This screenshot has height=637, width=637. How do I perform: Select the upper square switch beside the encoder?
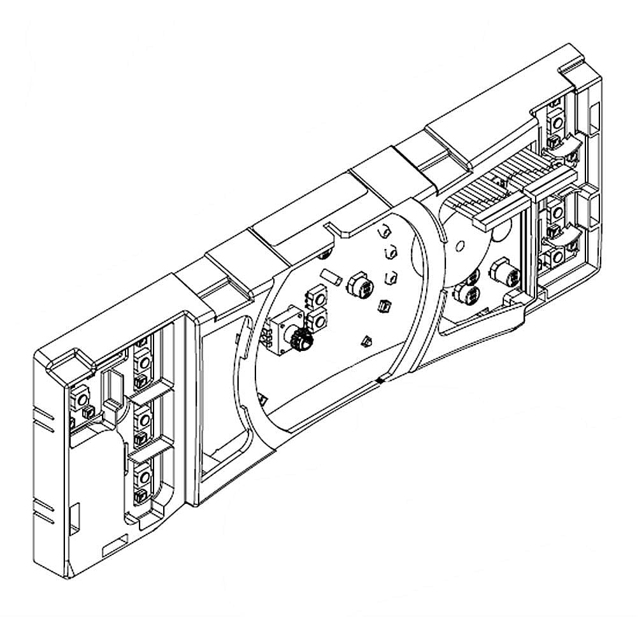point(316,297)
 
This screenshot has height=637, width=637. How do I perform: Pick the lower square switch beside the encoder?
point(317,318)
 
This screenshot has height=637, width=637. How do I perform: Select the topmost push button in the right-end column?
point(556,121)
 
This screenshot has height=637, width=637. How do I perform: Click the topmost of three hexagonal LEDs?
point(385,231)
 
